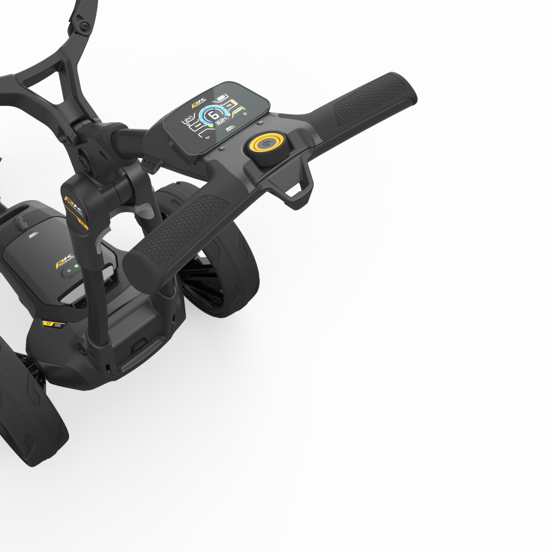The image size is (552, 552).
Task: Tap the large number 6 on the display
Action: point(212,115)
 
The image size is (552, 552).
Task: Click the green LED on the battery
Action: point(76,266)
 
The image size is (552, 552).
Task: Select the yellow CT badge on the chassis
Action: point(48,324)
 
